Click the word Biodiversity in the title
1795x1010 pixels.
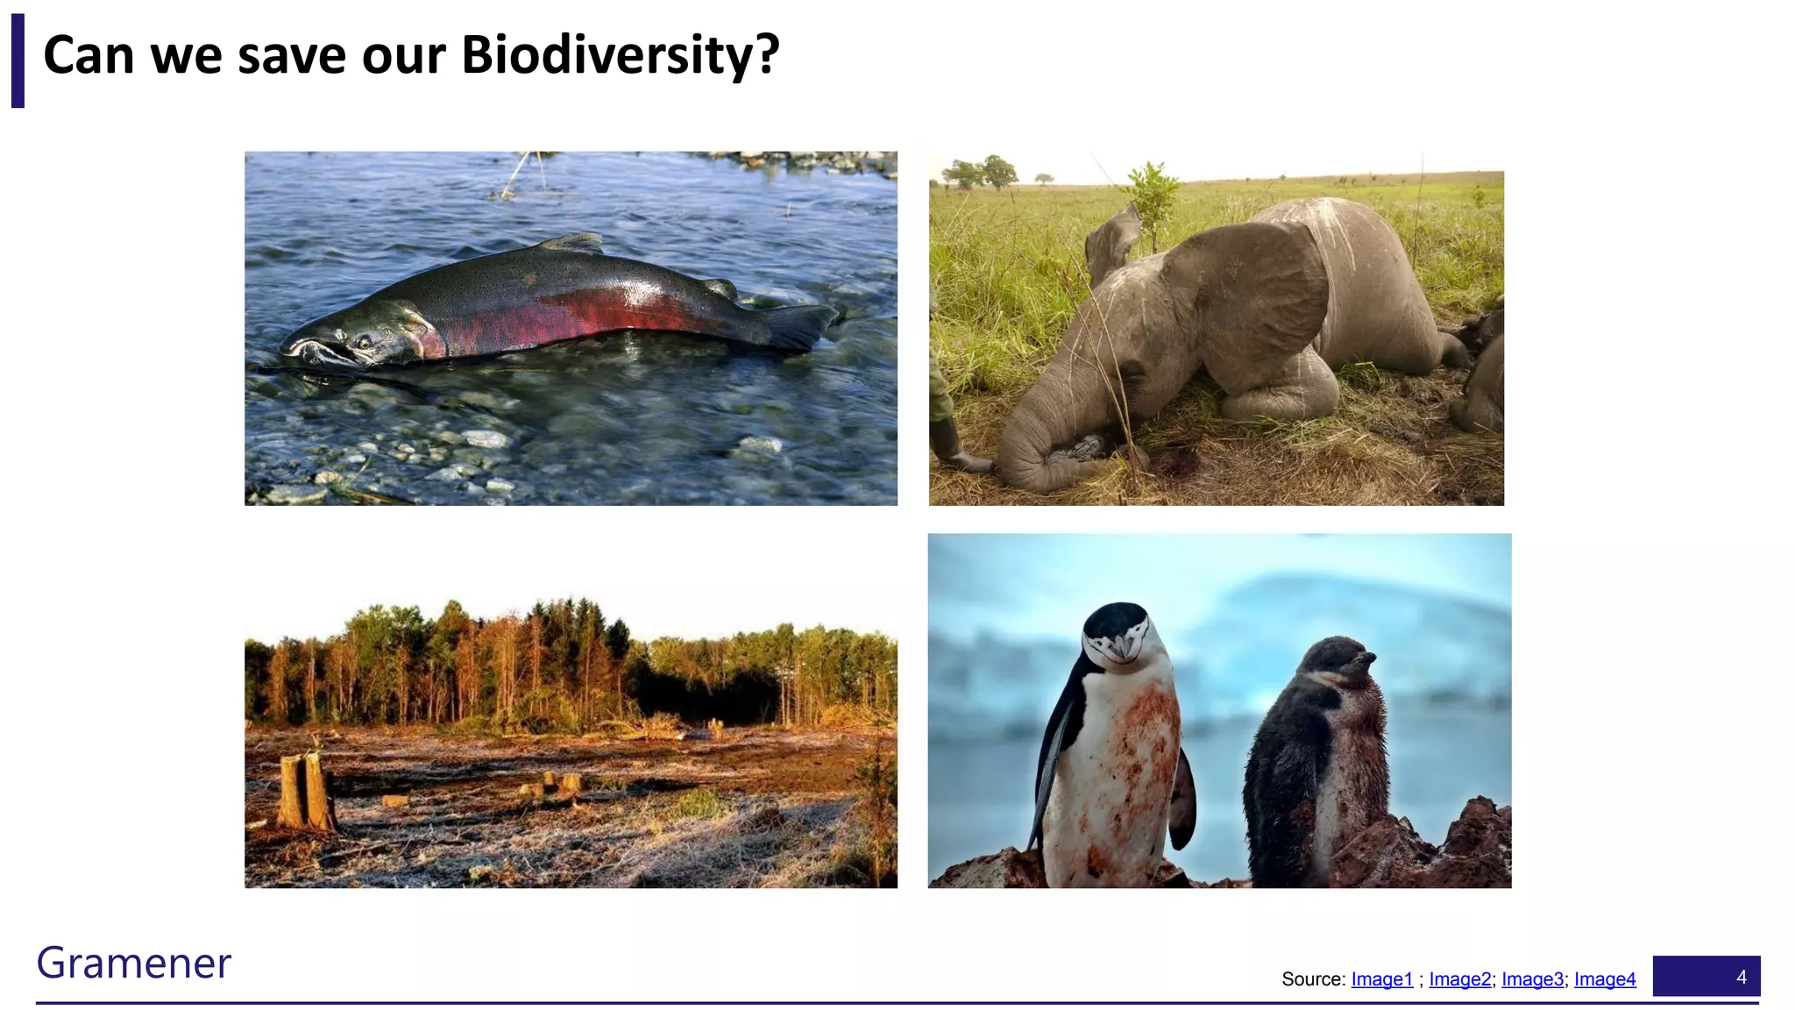(619, 55)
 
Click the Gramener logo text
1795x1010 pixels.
(133, 963)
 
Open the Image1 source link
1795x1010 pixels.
(1382, 979)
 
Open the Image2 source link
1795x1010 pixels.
(1459, 979)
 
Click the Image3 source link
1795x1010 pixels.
(1532, 979)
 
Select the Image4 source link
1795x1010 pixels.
(1605, 979)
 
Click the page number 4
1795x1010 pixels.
(1741, 977)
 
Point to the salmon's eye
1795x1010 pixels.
(364, 340)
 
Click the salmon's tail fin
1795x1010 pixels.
(799, 326)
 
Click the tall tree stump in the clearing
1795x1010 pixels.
(304, 791)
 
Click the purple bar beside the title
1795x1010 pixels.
(18, 60)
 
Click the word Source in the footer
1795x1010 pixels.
(1312, 979)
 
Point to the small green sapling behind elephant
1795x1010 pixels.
(1151, 197)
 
